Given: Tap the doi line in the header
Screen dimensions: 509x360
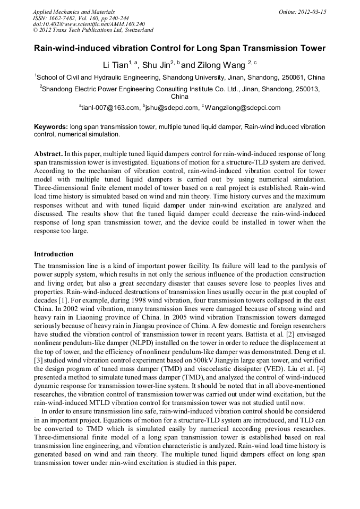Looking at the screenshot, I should [89, 24].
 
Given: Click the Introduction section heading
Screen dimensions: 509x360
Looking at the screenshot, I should [54, 254].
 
